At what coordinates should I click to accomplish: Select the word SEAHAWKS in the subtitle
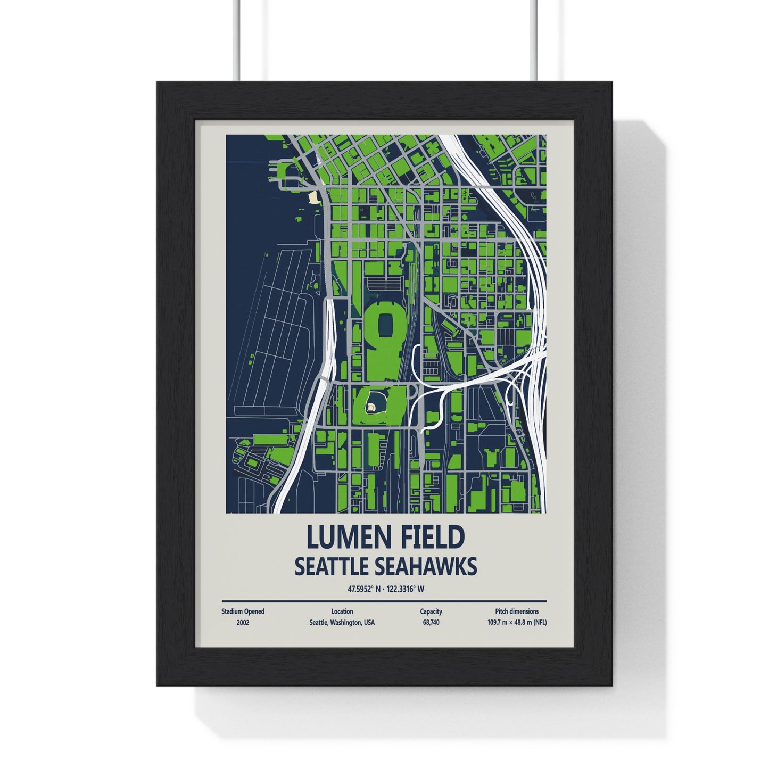[426, 567]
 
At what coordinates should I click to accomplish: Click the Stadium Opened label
[243, 611]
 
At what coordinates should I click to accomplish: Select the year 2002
[243, 622]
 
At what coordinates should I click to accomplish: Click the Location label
[341, 611]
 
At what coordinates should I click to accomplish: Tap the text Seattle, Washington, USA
[341, 622]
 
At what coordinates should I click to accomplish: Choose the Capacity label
[431, 611]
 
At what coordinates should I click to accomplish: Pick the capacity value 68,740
[431, 622]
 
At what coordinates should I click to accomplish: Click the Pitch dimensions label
[516, 611]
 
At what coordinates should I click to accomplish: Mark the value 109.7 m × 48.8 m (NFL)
[516, 622]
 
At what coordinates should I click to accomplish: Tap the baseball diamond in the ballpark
[371, 407]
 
